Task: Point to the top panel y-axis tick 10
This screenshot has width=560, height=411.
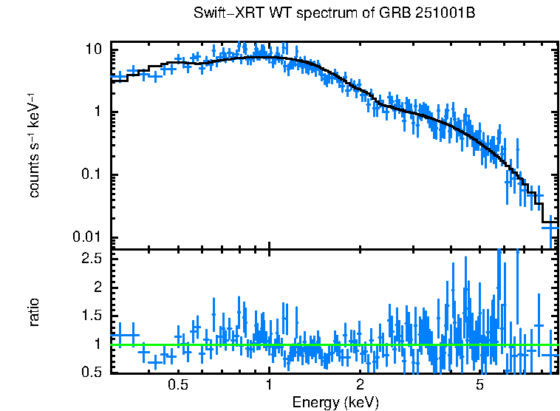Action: tap(94, 50)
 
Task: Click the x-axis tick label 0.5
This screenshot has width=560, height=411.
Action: tap(177, 385)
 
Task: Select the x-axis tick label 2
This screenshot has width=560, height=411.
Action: tap(361, 385)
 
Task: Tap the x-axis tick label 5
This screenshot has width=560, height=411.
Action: tap(480, 385)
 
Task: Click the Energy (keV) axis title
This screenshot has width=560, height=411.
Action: tap(335, 402)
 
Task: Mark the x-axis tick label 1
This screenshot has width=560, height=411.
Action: tap(269, 385)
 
